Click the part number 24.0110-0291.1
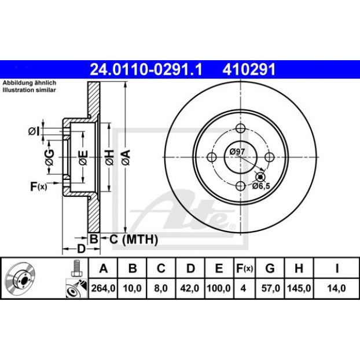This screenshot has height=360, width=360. tap(146, 69)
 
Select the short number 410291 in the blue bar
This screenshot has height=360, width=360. tap(249, 69)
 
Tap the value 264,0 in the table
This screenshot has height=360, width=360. tap(103, 288)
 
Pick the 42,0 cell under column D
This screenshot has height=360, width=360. tap(190, 288)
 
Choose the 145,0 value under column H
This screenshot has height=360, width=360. tap(299, 288)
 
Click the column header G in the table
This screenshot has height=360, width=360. tap(270, 268)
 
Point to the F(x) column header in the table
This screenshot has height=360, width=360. tap(244, 268)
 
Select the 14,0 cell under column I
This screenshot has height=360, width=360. tap(337, 288)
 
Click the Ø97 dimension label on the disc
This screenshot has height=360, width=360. tap(237, 152)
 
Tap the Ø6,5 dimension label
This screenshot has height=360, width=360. tap(261, 186)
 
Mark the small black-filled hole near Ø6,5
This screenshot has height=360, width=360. tap(260, 177)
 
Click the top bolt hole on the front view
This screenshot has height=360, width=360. tap(240, 128)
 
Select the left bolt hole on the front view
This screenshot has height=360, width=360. tap(212, 157)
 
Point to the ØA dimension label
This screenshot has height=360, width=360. tap(126, 157)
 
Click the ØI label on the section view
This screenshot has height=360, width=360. tap(34, 131)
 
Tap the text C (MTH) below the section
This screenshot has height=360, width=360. tap(134, 240)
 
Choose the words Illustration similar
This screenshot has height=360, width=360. tap(29, 90)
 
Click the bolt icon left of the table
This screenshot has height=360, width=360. tap(75, 268)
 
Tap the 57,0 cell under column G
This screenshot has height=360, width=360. tap(270, 288)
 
